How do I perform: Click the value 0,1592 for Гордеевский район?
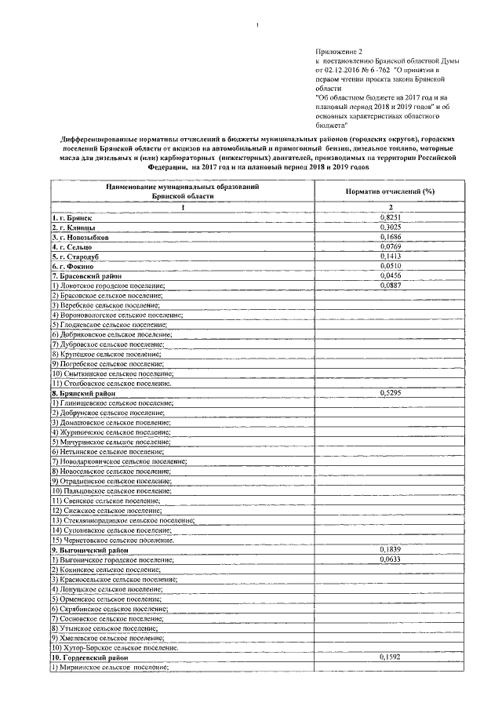390,657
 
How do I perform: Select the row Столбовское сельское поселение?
111,383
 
